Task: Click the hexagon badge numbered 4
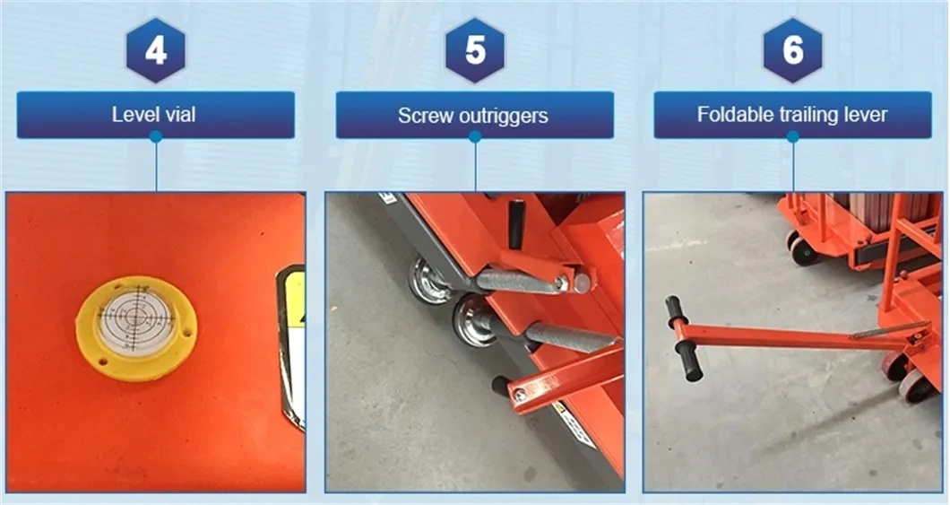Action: coord(155,50)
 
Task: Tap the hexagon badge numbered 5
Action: coord(475,50)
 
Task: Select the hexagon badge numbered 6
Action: coord(793,50)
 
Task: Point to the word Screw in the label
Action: coord(420,116)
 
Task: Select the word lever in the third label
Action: coord(867,115)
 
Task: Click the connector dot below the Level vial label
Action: coord(156,137)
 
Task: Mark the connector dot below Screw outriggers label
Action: coord(475,137)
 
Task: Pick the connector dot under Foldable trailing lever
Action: coord(793,137)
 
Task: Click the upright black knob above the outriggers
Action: coord(516,223)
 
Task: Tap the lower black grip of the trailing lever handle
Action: coord(689,361)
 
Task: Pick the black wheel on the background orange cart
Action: coord(803,250)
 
